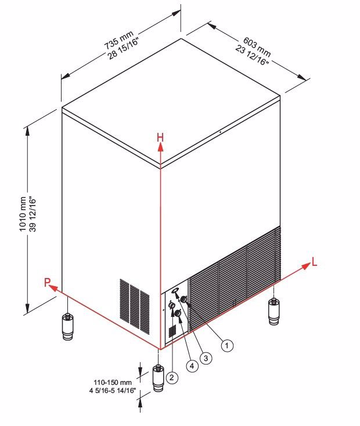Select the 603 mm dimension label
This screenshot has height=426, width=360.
(x=257, y=46)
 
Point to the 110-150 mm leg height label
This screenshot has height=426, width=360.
(x=113, y=382)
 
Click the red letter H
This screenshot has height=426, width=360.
(x=160, y=138)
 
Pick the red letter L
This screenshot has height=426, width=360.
(x=314, y=262)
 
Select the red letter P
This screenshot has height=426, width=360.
(x=47, y=282)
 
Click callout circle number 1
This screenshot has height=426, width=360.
(x=227, y=345)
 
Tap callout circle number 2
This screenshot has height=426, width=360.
(x=171, y=377)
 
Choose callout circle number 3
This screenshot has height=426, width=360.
(x=206, y=358)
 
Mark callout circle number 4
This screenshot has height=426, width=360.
(x=192, y=366)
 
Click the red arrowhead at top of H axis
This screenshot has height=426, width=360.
(x=161, y=147)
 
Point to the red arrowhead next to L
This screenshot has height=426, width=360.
(x=306, y=266)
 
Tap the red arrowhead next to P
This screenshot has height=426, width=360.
(x=53, y=288)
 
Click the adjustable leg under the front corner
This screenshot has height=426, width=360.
(x=159, y=378)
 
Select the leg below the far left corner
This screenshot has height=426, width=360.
(x=68, y=327)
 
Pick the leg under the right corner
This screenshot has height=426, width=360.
(x=274, y=311)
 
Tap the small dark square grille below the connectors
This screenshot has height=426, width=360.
(x=172, y=331)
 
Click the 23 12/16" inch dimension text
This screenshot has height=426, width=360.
(x=252, y=55)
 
